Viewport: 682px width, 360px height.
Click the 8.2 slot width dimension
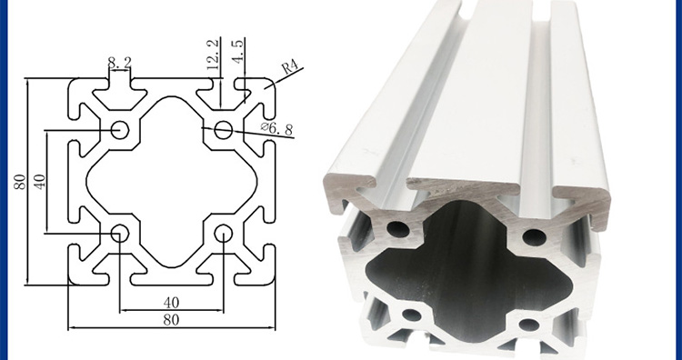point(119,63)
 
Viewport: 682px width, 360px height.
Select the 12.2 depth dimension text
point(212,55)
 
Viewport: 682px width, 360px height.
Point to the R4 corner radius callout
point(290,68)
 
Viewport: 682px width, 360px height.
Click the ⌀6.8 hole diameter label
point(277,128)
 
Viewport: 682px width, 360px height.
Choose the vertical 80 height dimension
point(20,181)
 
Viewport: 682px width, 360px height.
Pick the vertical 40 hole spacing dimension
point(39,181)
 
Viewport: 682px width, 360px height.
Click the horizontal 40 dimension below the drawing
point(171,302)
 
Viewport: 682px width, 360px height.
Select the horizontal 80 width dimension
point(171,320)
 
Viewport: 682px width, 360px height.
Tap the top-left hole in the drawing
point(120,130)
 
